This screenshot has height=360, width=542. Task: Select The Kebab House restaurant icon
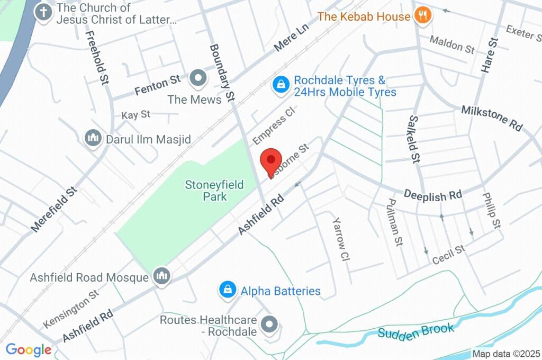click(422, 16)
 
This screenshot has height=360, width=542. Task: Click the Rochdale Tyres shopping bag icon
click(281, 84)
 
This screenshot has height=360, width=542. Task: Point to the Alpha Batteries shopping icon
click(227, 290)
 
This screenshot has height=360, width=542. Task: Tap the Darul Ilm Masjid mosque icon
click(93, 139)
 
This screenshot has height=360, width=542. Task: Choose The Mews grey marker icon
click(198, 78)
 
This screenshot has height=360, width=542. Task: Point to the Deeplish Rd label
click(432, 194)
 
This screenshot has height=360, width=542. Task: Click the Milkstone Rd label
click(491, 118)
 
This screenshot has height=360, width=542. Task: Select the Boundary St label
click(222, 73)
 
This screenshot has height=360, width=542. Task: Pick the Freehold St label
click(97, 57)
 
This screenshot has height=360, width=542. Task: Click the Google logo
click(28, 349)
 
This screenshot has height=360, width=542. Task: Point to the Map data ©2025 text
click(506, 354)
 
